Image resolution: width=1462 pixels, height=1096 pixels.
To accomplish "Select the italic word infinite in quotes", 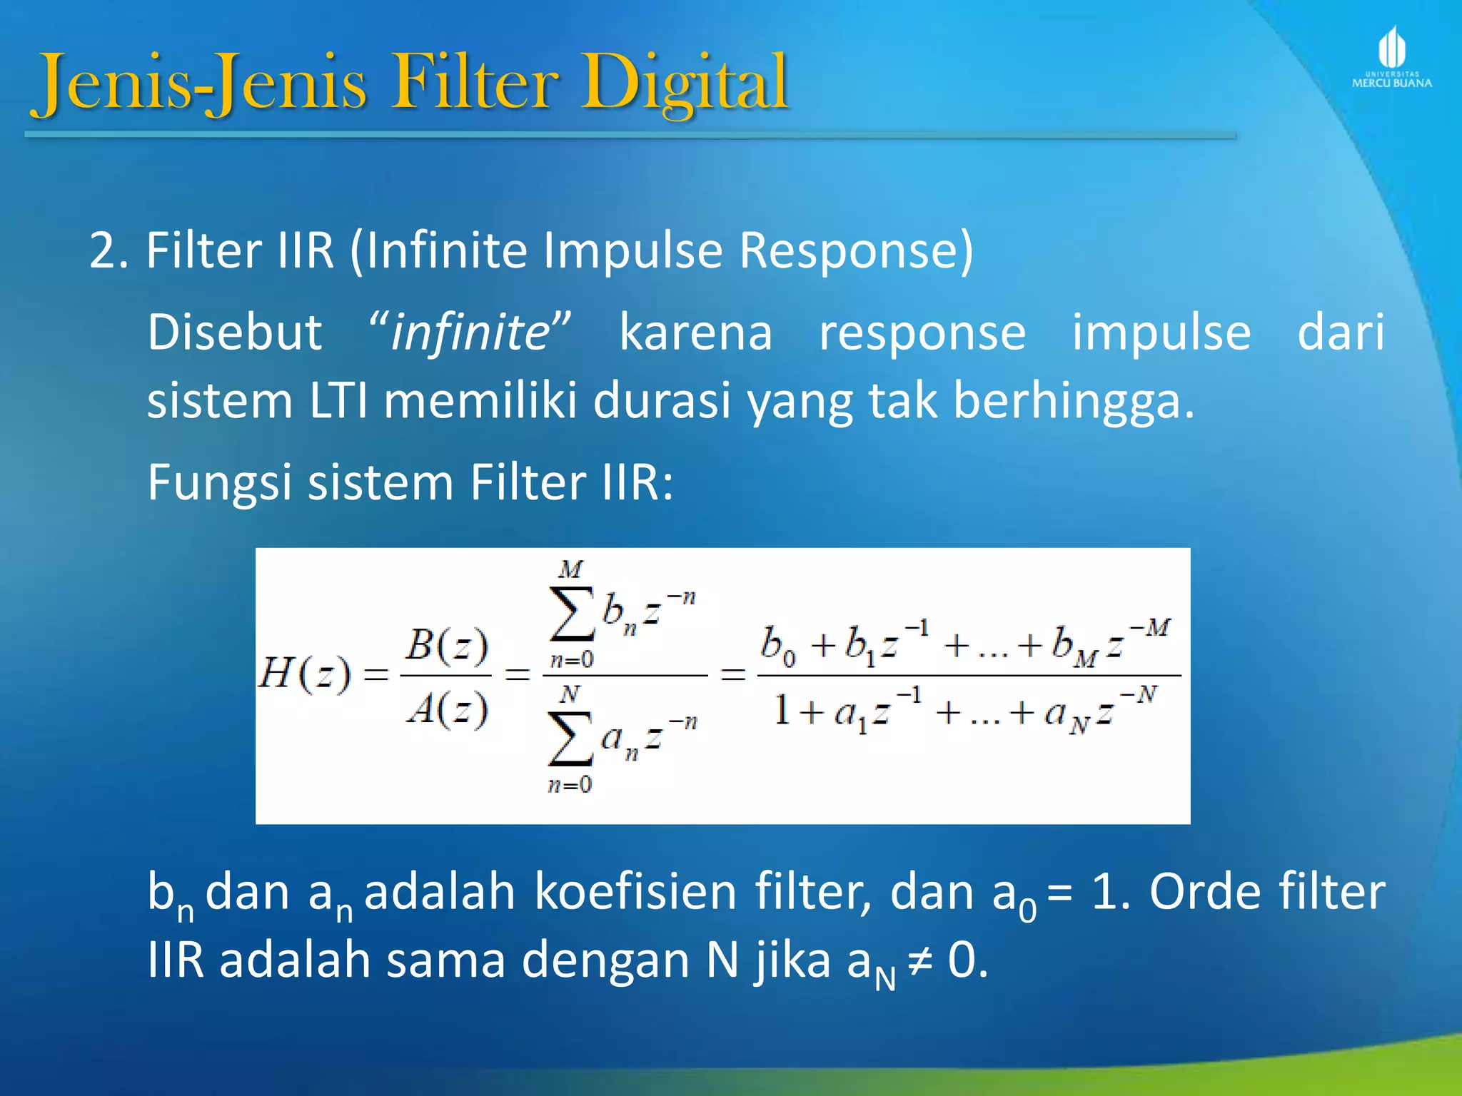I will [470, 333].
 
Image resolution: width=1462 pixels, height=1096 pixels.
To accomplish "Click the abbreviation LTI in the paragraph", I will [339, 400].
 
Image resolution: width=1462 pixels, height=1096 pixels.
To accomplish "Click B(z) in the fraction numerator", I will [447, 645].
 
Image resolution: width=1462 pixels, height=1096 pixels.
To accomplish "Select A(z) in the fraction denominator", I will [447, 709].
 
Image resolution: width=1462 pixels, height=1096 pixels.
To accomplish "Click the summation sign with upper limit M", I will [571, 614].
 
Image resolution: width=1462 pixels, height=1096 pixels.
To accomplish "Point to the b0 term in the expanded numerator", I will [777, 644].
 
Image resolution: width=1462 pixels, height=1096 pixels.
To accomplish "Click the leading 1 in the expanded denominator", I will [782, 711].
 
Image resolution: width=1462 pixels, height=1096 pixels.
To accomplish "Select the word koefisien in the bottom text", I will [635, 892].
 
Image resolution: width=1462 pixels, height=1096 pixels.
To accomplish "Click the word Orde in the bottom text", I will [1205, 892].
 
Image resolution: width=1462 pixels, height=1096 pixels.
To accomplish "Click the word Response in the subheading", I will [855, 250].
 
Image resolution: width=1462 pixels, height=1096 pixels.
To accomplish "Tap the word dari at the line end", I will [1340, 333].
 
